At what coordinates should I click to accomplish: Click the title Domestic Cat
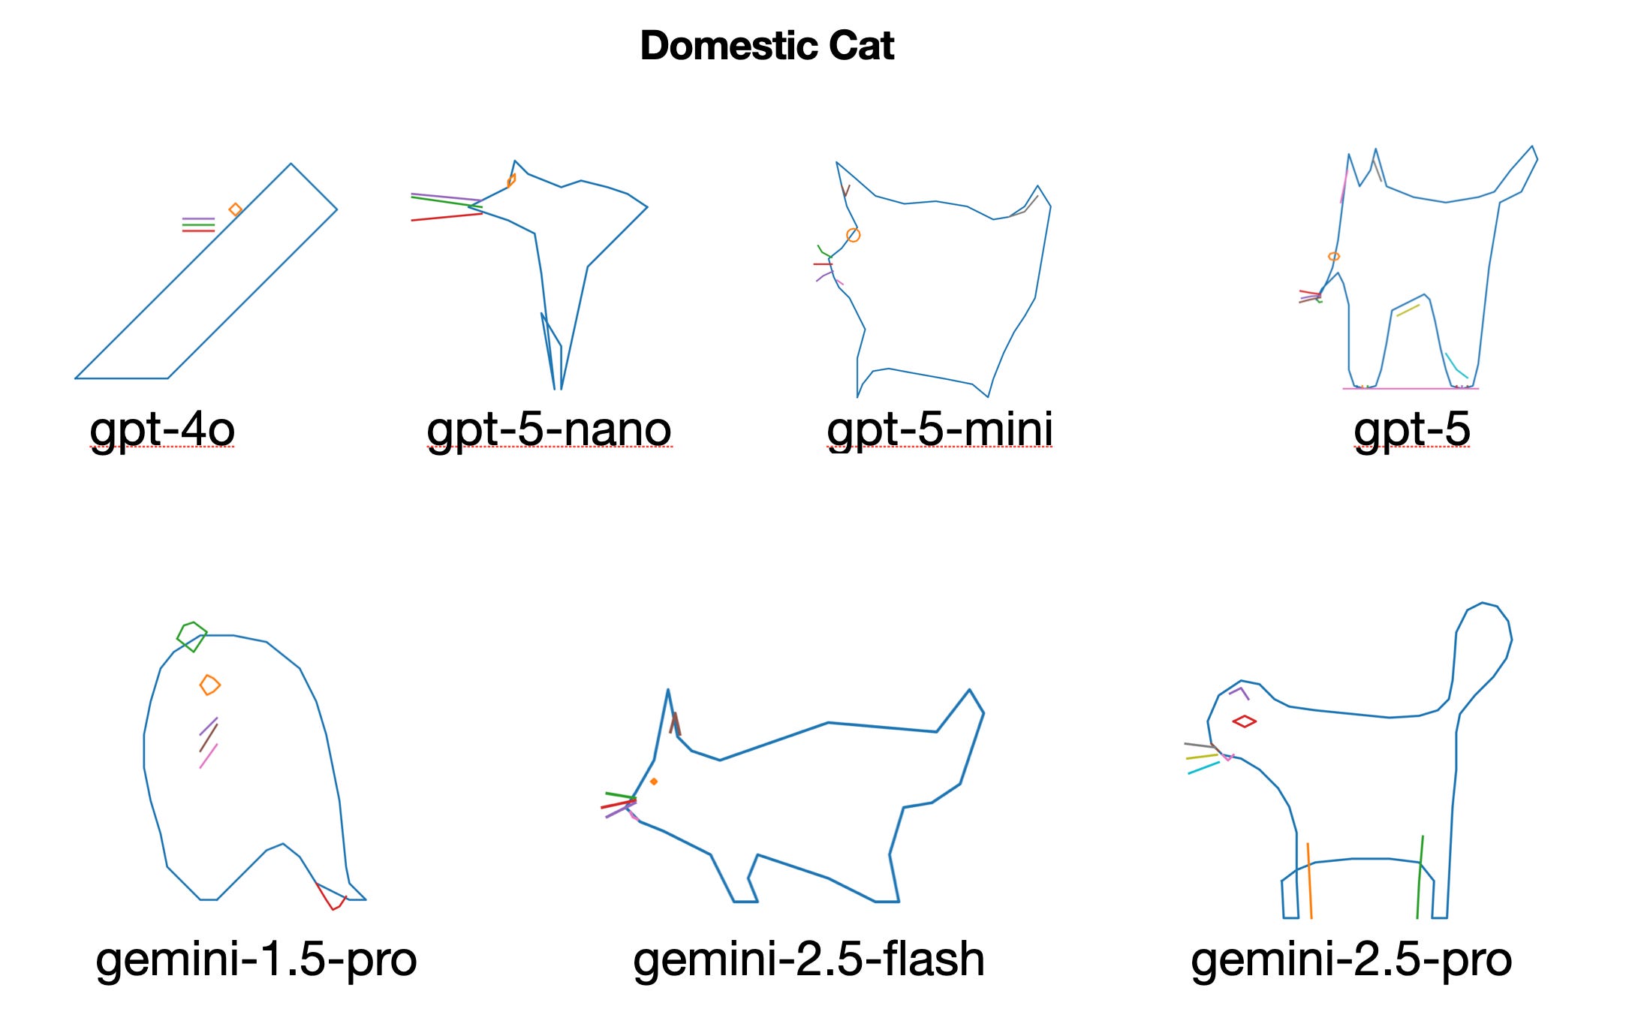[x=766, y=46]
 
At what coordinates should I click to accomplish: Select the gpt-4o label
[x=162, y=429]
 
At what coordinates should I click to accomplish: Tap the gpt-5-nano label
[x=549, y=429]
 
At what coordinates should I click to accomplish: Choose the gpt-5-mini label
[x=939, y=429]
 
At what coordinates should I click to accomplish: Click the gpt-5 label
[x=1411, y=429]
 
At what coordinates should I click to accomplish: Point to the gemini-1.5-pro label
[x=256, y=959]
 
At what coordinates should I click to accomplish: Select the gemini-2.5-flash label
[x=808, y=959]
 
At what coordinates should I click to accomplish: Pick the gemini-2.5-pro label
[x=1351, y=959]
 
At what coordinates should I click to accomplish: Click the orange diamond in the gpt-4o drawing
[x=235, y=209]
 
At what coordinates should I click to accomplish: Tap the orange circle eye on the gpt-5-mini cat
[x=853, y=235]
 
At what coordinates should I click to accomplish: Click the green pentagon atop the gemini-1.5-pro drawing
[x=192, y=636]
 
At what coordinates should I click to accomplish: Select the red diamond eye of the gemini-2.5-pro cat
[x=1244, y=721]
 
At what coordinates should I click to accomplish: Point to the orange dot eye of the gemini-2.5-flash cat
[x=654, y=782]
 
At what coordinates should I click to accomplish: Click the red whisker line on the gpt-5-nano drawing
[x=446, y=217]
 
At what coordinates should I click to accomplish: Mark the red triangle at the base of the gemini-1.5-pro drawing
[x=332, y=897]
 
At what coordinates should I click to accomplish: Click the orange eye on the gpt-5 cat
[x=1333, y=257]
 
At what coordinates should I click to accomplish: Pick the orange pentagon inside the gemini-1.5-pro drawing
[x=209, y=685]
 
